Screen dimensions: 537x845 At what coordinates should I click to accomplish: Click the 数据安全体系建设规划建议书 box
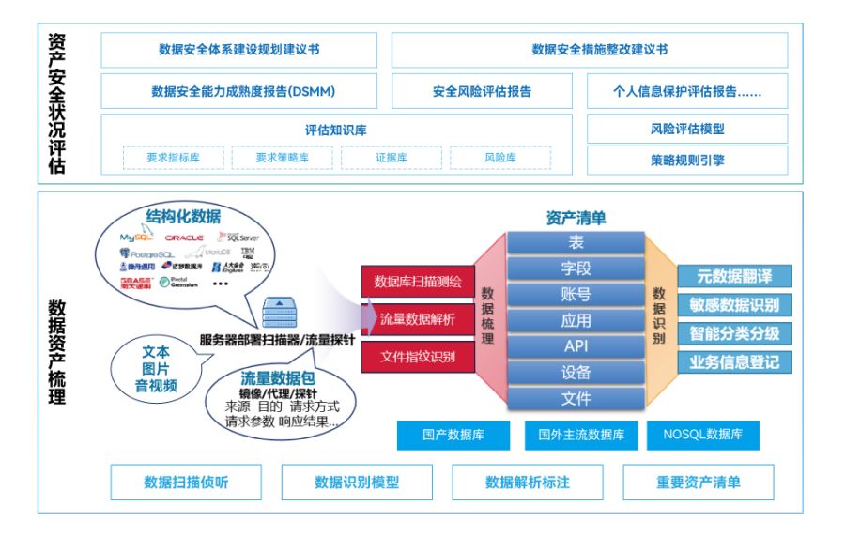click(238, 50)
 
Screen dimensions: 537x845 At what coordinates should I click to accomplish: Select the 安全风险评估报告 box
click(482, 92)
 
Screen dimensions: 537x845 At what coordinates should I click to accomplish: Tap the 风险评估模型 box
click(687, 130)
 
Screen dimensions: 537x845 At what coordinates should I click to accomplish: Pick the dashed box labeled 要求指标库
click(173, 158)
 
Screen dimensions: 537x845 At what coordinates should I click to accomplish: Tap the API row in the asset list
click(576, 346)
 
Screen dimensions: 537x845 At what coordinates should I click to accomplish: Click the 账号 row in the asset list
click(576, 295)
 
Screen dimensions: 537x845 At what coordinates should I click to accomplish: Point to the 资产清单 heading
click(576, 218)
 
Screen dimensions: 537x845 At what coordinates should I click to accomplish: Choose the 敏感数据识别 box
click(733, 304)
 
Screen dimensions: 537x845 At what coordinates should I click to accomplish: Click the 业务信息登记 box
click(733, 361)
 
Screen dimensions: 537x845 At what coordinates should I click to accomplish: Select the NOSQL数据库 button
click(702, 435)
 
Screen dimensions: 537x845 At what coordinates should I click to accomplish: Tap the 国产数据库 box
click(453, 435)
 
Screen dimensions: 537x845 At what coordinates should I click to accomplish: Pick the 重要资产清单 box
click(698, 483)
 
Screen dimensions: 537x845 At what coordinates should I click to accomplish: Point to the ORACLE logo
click(184, 238)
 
